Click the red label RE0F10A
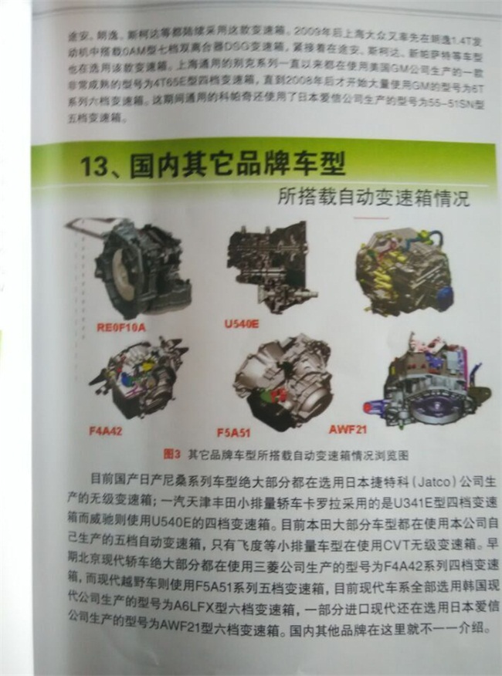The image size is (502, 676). [x=121, y=327]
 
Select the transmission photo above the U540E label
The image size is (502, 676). [x=270, y=266]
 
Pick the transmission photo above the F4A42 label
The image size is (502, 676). [x=143, y=378]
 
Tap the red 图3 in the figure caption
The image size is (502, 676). [x=169, y=454]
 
